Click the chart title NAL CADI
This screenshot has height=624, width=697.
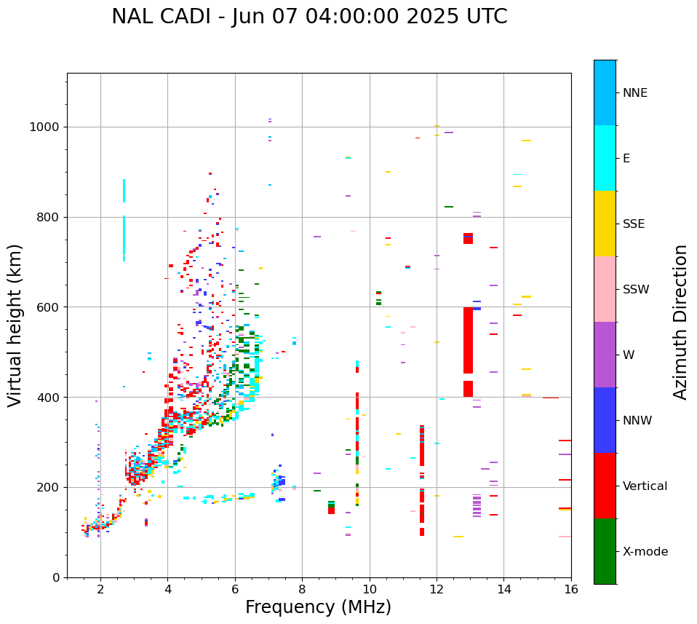[309, 17]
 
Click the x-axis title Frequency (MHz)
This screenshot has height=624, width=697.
[318, 607]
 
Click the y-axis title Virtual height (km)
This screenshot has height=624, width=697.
[15, 325]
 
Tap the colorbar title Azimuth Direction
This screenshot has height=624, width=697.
[680, 322]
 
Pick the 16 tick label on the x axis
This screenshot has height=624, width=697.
[570, 589]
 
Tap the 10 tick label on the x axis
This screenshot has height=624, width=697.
[369, 589]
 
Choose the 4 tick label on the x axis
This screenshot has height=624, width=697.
[167, 589]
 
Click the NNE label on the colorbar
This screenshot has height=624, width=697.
[634, 93]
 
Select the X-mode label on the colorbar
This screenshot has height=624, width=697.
[645, 552]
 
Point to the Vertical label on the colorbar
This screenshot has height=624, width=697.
[645, 486]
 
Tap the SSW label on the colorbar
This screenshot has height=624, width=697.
[636, 290]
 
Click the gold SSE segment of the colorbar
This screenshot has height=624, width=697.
[605, 224]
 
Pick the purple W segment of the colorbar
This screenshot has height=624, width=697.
[605, 355]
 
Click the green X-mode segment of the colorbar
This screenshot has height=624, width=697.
[605, 551]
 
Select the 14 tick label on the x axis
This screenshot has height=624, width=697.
[503, 589]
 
